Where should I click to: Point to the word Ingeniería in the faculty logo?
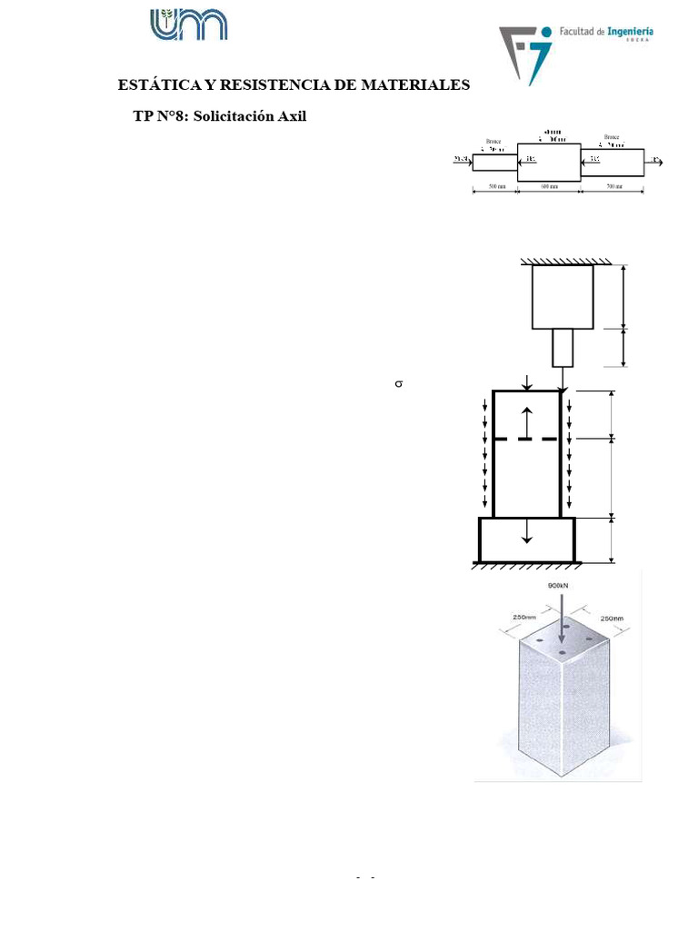[624, 32]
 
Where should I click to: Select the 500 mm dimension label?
[496, 186]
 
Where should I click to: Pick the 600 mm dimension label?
[549, 186]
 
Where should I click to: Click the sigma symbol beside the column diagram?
[397, 385]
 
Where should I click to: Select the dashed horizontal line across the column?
[525, 439]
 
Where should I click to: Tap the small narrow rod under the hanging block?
[563, 346]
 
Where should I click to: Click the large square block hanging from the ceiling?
[563, 295]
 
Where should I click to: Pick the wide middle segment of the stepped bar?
[549, 161]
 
